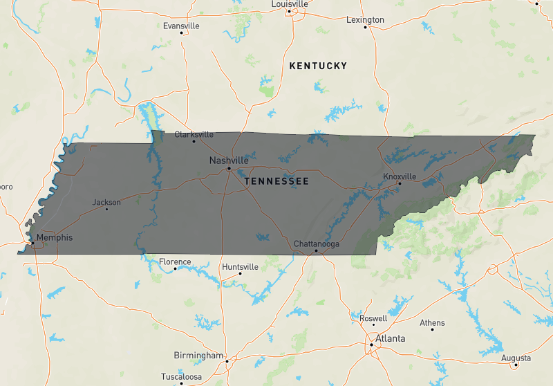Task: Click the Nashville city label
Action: (229, 160)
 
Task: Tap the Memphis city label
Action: (55, 237)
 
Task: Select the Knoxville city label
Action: (400, 176)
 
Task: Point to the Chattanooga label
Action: (317, 244)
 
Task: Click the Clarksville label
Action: (194, 135)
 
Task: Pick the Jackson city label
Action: (106, 203)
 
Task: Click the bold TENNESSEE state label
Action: (276, 181)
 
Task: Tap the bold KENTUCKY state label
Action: (318, 66)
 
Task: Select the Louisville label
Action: (290, 4)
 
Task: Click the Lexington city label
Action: (365, 20)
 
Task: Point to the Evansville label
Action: (181, 26)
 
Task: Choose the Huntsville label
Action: (241, 267)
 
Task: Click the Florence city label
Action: (175, 262)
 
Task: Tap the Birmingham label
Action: (200, 356)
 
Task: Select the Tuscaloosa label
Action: (182, 377)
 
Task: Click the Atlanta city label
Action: (391, 339)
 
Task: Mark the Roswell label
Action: (374, 319)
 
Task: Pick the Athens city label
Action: (433, 323)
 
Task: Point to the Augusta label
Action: (516, 358)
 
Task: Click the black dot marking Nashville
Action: (229, 168)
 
